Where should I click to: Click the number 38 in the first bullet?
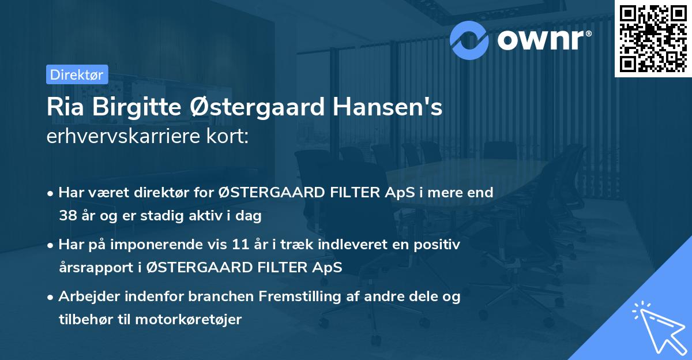pos(67,216)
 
